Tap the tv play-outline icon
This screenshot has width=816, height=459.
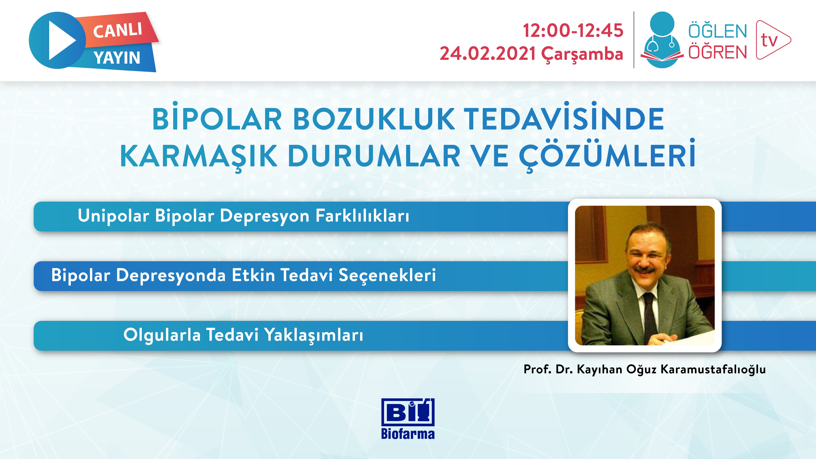coord(773,40)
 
